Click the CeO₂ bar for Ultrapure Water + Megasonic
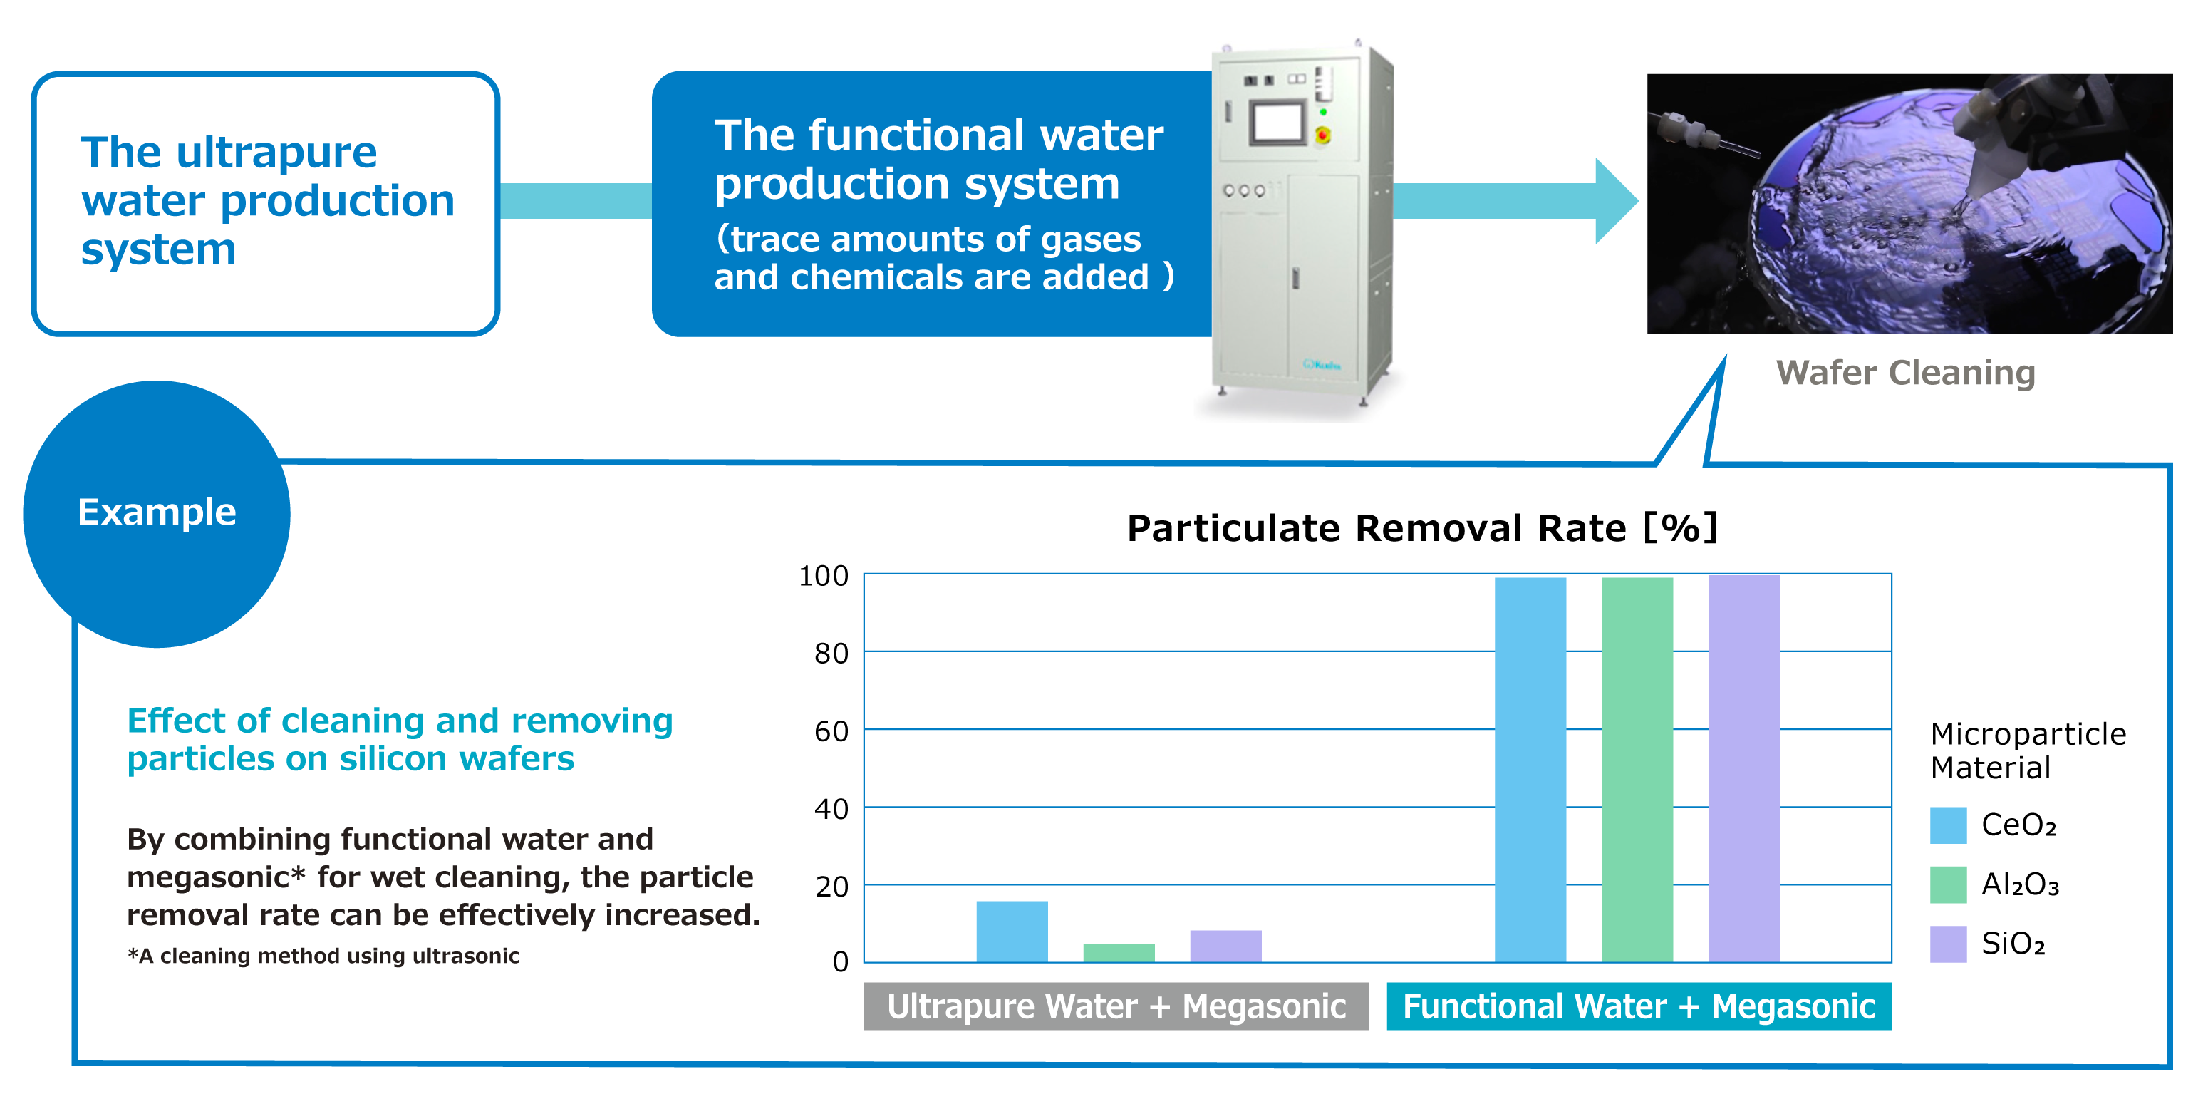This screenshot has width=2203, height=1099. pos(1012,932)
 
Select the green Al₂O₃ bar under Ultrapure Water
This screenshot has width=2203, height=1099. pos(1119,953)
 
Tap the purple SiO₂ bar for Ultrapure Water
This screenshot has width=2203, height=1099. pos(1225,946)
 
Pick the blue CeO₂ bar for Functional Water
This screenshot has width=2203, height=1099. pos(1530,770)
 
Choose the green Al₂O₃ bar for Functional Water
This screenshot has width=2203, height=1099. pos(1637,770)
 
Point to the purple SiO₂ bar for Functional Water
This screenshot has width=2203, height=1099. pos(1743,769)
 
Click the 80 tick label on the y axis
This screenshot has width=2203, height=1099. pos(831,654)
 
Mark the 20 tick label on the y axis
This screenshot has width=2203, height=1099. pos(831,887)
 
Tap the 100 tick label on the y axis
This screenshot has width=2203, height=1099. pos(824,576)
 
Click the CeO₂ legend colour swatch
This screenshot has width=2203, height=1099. pos(1948,825)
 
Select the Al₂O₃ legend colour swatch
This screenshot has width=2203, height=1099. pos(1948,884)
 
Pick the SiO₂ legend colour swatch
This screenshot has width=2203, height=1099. pos(1948,944)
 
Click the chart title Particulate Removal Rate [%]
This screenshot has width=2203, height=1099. pos(1422,527)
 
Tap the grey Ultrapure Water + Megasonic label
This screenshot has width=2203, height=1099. pos(1116,1006)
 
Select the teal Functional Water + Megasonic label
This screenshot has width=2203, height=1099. pos(1639,1006)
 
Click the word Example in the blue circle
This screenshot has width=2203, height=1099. pos(157,512)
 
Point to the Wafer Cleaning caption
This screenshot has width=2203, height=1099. pos(1905,373)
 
